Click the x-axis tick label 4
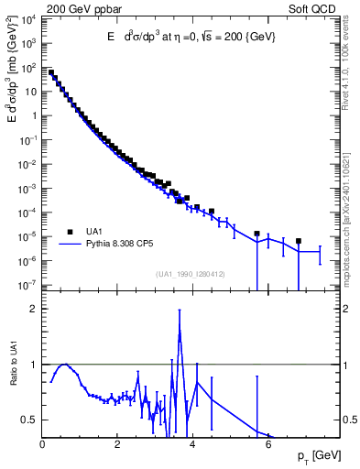click(x=192, y=444)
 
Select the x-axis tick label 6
click(x=268, y=444)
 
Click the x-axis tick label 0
click(x=42, y=444)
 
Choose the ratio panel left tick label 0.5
click(x=32, y=420)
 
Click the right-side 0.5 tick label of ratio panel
click(x=349, y=420)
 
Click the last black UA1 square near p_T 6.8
click(x=299, y=241)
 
